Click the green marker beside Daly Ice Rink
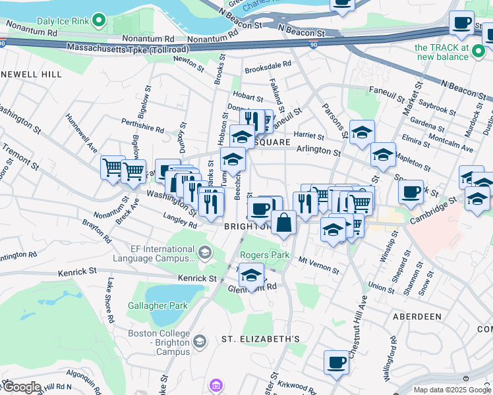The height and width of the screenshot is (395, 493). pos(99,21)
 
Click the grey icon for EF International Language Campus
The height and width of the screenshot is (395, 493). pos(205,251)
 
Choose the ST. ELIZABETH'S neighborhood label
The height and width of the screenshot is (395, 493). pos(260,339)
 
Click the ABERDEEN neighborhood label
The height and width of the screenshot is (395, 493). pos(417,317)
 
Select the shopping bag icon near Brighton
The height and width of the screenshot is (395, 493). pos(283,223)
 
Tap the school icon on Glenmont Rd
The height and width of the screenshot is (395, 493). pos(251,276)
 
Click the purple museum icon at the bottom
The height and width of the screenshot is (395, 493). pos(216,385)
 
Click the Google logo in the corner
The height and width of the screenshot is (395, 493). pos(21,386)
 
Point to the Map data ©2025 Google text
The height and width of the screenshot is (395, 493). pos(451,390)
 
